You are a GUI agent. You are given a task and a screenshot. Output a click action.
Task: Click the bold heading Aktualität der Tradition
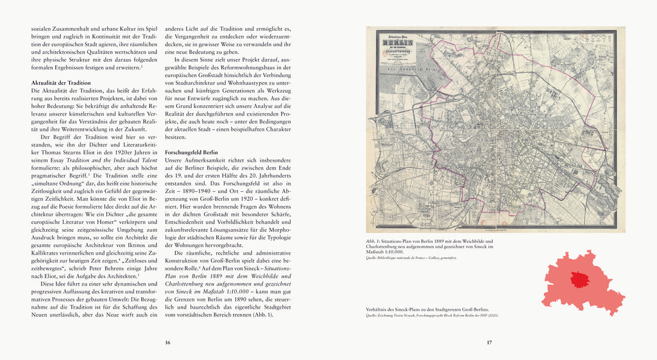(x=61, y=83)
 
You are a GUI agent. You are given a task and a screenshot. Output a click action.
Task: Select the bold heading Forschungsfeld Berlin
(x=191, y=150)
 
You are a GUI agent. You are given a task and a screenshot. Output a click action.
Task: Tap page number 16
(x=167, y=342)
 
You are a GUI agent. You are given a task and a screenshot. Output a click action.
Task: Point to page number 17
(x=489, y=342)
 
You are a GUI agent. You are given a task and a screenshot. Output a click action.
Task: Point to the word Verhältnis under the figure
(x=377, y=308)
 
